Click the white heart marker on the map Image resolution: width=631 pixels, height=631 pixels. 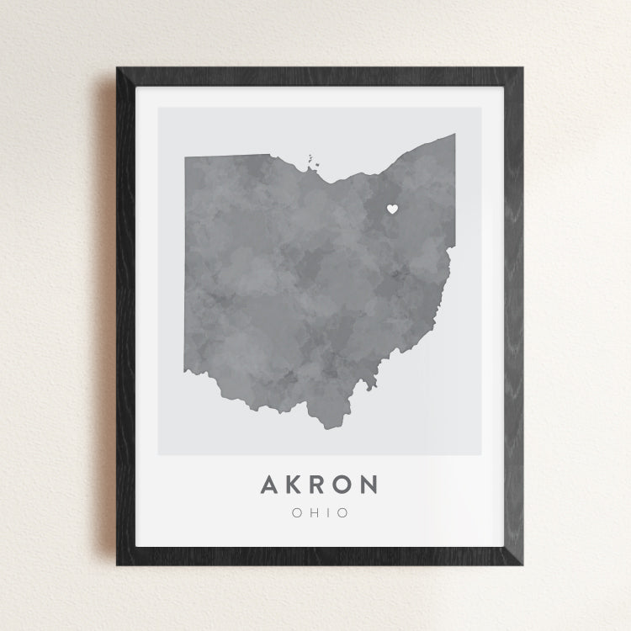[x=391, y=209]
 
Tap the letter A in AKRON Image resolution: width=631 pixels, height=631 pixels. [x=271, y=485]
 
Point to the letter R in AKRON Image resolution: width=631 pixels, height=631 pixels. [x=320, y=485]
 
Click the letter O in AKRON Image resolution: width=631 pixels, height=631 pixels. [x=344, y=485]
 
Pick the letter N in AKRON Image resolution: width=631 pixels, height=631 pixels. [x=369, y=485]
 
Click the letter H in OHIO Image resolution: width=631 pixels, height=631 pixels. [x=311, y=512]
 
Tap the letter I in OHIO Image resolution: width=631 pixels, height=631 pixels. [x=326, y=512]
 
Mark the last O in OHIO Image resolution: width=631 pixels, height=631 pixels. [x=342, y=512]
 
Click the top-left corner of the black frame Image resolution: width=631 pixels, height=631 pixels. [x=117, y=68]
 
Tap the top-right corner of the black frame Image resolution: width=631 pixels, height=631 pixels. [x=522, y=68]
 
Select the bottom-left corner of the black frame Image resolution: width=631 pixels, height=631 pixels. [x=117, y=565]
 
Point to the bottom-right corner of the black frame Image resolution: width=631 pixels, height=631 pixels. [x=522, y=565]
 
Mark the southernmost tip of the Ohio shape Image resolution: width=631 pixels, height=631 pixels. [x=324, y=428]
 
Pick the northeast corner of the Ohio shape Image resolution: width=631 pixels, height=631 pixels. [x=454, y=135]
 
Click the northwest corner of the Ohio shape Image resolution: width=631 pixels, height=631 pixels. [x=186, y=156]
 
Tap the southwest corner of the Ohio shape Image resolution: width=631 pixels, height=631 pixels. [x=187, y=371]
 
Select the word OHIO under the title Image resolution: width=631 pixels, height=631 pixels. [x=318, y=512]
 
